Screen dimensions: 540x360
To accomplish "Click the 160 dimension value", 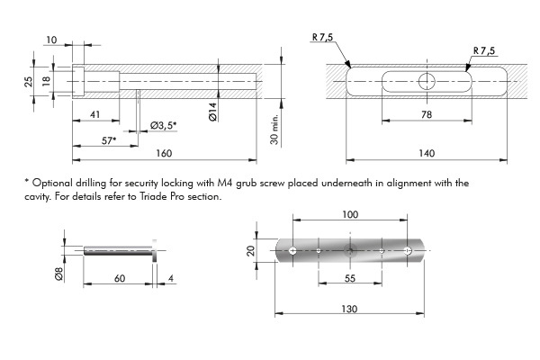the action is (x=164, y=153).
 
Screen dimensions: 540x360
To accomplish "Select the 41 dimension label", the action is (x=94, y=114).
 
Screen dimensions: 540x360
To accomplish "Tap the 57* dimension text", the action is (x=109, y=140).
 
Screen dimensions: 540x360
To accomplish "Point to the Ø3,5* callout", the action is (x=164, y=125).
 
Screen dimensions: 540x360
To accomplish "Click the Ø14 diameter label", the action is (x=213, y=112).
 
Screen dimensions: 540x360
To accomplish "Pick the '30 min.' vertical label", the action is (x=274, y=130).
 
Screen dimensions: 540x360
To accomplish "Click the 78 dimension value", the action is (x=427, y=114).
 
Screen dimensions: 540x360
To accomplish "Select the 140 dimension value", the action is (x=427, y=153).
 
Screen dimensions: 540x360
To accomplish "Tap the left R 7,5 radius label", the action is (x=323, y=37).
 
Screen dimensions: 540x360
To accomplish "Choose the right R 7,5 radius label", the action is (x=484, y=50).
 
